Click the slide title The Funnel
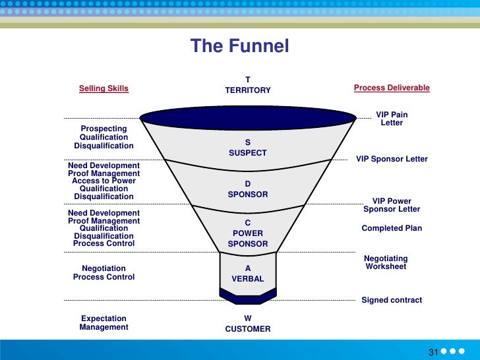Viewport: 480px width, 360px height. pos(239,46)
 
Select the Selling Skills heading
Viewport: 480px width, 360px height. pos(104,88)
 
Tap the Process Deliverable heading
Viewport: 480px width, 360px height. pos(392,88)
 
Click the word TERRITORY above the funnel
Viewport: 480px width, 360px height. pos(248,90)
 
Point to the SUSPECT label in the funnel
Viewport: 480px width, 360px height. pos(248,153)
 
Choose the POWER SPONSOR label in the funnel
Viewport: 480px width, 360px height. pos(248,239)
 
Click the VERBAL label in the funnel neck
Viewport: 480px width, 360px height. pos(248,279)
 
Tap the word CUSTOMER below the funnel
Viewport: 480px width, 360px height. pos(248,329)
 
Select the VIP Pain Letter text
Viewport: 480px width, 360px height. pos(392,119)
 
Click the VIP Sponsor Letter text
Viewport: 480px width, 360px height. pos(392,159)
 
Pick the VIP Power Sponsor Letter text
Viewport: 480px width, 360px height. pos(392,205)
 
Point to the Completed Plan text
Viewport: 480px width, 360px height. pos(392,229)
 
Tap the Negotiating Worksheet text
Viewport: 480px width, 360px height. pos(386,262)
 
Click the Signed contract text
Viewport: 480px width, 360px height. pos(392,300)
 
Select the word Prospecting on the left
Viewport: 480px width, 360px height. pos(104,128)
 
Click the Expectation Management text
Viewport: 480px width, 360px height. pos(104,322)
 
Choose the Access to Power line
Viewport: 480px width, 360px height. pos(104,181)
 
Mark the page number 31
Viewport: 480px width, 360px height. pos(433,351)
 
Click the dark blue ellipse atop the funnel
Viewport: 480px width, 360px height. pos(248,117)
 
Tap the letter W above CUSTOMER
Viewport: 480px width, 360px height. pos(248,318)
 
